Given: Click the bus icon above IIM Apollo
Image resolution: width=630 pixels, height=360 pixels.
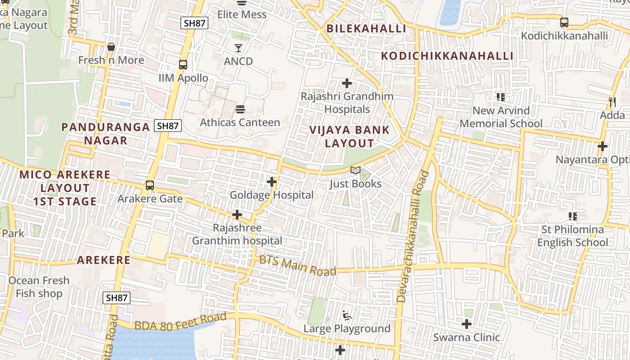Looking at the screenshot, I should click(x=183, y=64).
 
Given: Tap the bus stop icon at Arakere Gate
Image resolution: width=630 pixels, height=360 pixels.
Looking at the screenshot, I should click(x=149, y=185).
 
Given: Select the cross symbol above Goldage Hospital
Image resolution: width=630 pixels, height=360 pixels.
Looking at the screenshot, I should click(x=271, y=182).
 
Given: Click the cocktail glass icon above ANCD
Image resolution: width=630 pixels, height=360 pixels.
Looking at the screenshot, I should click(x=238, y=48).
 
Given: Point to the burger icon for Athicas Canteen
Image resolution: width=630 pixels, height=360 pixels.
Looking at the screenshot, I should click(x=240, y=109).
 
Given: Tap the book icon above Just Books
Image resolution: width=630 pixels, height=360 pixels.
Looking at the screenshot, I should click(x=355, y=171).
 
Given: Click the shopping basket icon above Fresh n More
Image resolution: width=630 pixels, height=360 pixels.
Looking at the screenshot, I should click(x=111, y=47).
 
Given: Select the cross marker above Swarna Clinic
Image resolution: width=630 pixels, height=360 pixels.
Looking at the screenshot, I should click(x=467, y=324).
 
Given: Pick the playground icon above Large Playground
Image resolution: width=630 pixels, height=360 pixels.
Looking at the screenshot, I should click(x=346, y=315).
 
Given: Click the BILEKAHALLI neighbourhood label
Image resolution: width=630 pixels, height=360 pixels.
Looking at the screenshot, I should click(x=366, y=29).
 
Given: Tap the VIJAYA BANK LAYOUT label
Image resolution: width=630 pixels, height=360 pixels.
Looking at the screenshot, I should click(x=350, y=137).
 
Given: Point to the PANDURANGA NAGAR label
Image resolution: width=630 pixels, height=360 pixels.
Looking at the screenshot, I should click(x=106, y=134).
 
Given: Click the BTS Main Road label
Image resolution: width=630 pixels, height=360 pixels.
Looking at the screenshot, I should click(x=298, y=265).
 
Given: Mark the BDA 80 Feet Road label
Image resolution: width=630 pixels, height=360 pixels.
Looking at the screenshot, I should click(x=180, y=321).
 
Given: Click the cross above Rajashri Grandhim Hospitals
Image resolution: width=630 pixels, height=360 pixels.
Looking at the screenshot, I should click(x=346, y=83).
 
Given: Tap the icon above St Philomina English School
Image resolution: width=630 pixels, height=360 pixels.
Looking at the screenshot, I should click(x=572, y=216).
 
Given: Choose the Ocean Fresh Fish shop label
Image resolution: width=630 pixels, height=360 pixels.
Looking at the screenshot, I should click(x=39, y=287).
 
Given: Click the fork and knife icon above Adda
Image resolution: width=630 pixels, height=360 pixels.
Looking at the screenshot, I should click(x=612, y=102).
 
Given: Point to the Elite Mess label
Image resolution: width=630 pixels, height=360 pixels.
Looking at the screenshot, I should click(x=242, y=14).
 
